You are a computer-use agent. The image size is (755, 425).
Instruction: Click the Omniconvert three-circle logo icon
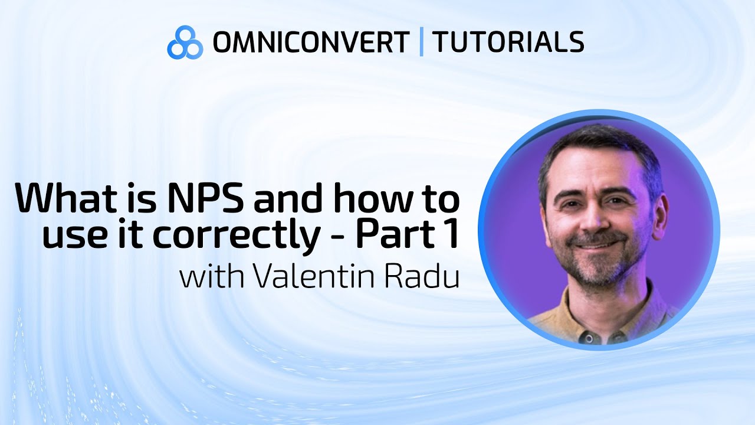click(185, 42)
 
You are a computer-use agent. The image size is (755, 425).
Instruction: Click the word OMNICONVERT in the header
click(311, 42)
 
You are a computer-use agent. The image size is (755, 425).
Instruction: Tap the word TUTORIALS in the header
click(508, 42)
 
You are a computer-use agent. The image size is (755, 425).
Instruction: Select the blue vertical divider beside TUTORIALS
click(421, 42)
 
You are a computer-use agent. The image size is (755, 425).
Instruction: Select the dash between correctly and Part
click(338, 236)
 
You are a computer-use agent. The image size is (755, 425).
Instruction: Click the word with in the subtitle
click(211, 277)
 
